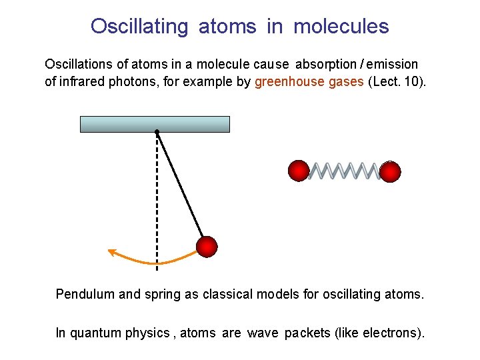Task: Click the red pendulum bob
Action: [x=207, y=246]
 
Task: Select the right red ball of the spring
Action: [x=390, y=171]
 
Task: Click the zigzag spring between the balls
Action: [x=344, y=171]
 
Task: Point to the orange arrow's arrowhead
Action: [x=113, y=252]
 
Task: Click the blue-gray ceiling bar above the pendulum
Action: [x=155, y=124]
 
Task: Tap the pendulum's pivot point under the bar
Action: [x=157, y=132]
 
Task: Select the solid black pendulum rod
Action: [x=180, y=185]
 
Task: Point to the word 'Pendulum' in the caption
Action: [x=85, y=294]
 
